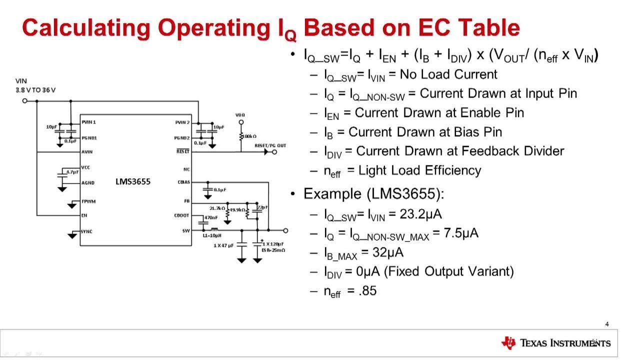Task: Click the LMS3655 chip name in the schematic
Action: (x=132, y=181)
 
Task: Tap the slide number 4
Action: (x=607, y=324)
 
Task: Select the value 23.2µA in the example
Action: (x=421, y=214)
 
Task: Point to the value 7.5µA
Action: (x=461, y=233)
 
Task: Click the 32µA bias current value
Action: (x=388, y=252)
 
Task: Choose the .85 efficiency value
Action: (x=367, y=290)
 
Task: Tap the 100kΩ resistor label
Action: (x=248, y=136)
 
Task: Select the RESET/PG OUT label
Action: (x=270, y=145)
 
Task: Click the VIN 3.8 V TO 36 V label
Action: (x=35, y=85)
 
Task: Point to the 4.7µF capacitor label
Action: (x=72, y=172)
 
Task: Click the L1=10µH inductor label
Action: (x=212, y=235)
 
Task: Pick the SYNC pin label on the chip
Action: (x=87, y=231)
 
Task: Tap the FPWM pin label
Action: (x=88, y=201)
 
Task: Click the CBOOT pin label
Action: (x=182, y=215)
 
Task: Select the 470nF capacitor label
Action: (x=211, y=217)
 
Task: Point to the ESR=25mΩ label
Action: (x=273, y=250)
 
